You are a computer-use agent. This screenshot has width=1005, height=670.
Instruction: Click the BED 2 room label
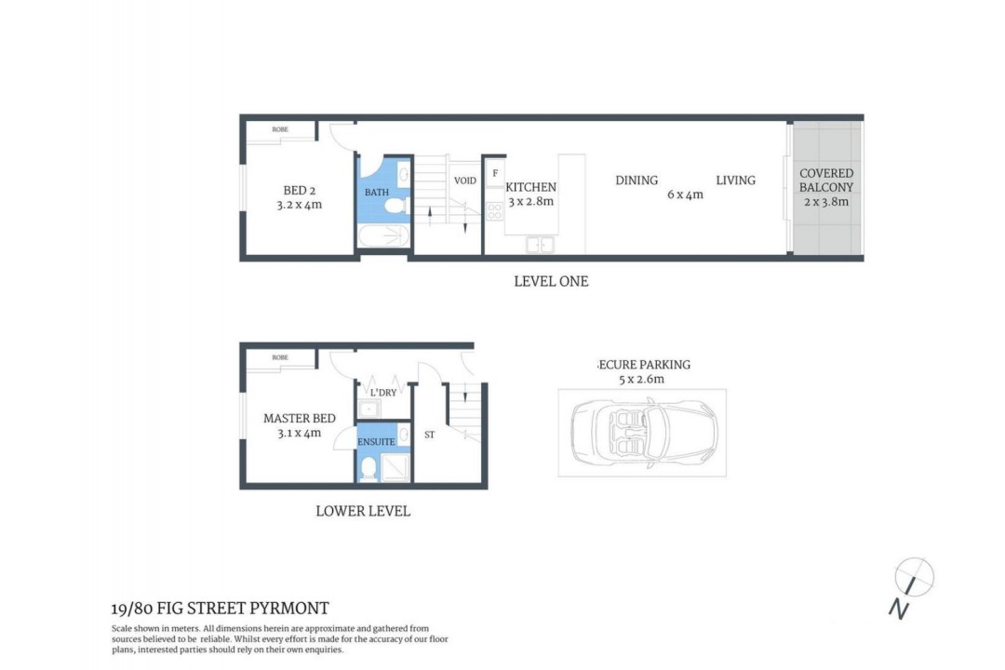pyautogui.click(x=300, y=191)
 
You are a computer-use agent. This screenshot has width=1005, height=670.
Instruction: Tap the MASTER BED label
pyautogui.click(x=300, y=418)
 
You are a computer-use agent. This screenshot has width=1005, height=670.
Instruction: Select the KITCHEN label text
pyautogui.click(x=530, y=187)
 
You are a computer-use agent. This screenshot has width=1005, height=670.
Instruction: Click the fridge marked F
pyautogui.click(x=495, y=174)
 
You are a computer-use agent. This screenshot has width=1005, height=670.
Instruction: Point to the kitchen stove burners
pyautogui.click(x=495, y=211)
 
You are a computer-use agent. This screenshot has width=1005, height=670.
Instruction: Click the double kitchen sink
pyautogui.click(x=540, y=245)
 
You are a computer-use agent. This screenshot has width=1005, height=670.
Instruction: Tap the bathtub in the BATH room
pyautogui.click(x=383, y=236)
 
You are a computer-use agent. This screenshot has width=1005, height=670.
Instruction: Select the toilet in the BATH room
pyautogui.click(x=396, y=206)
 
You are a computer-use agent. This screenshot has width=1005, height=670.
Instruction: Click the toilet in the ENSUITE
pyautogui.click(x=368, y=470)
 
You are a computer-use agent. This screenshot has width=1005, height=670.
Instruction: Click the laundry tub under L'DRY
pyautogui.click(x=368, y=409)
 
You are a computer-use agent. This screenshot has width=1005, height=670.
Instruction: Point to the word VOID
pyautogui.click(x=464, y=181)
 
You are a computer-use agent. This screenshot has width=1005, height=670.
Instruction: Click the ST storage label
pyautogui.click(x=429, y=435)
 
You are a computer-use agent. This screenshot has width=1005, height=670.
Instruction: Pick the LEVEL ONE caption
pyautogui.click(x=551, y=281)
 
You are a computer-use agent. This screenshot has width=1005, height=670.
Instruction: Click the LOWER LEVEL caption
pyautogui.click(x=363, y=511)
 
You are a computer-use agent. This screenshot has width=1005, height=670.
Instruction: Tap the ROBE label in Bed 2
pyautogui.click(x=280, y=129)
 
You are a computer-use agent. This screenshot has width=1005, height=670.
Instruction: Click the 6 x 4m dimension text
pyautogui.click(x=685, y=194)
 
